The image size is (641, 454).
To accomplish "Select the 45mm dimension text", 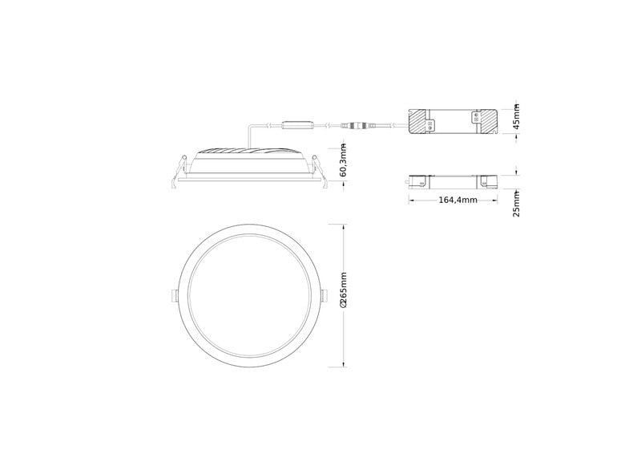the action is (517, 116).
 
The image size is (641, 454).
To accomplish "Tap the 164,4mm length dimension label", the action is (458, 201).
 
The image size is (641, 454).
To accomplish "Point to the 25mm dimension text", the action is (517, 204).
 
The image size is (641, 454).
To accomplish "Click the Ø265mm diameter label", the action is (344, 290).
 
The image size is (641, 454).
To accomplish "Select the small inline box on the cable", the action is (298, 125).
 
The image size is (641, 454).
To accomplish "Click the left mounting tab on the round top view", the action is (174, 295).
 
